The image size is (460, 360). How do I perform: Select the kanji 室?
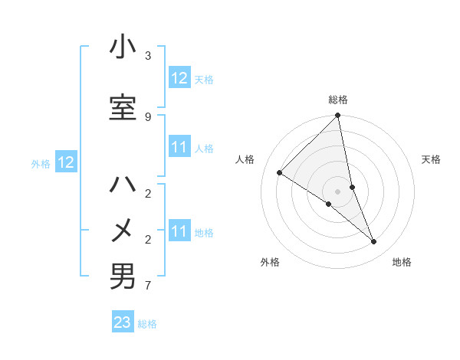(x=123, y=108)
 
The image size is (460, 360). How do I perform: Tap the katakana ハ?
(x=123, y=185)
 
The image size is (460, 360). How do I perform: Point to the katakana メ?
(x=123, y=230)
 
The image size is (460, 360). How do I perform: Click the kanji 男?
(x=123, y=277)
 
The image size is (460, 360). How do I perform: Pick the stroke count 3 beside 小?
(x=148, y=56)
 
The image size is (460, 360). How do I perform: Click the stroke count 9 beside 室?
(x=148, y=116)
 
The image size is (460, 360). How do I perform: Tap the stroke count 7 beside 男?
(x=148, y=286)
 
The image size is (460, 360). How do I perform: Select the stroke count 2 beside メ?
(x=148, y=240)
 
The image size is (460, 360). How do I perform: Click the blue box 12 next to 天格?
(x=179, y=78)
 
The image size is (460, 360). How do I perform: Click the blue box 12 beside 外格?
(x=66, y=162)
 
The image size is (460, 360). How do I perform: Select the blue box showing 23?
(x=123, y=322)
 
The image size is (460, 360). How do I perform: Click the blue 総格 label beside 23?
(x=147, y=324)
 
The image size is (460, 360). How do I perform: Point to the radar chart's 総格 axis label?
(x=338, y=100)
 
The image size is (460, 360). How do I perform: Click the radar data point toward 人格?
(x=280, y=172)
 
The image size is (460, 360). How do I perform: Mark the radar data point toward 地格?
(x=374, y=241)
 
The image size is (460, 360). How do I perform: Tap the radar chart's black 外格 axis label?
(x=270, y=262)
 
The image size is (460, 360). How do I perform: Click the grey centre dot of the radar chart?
(x=338, y=191)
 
